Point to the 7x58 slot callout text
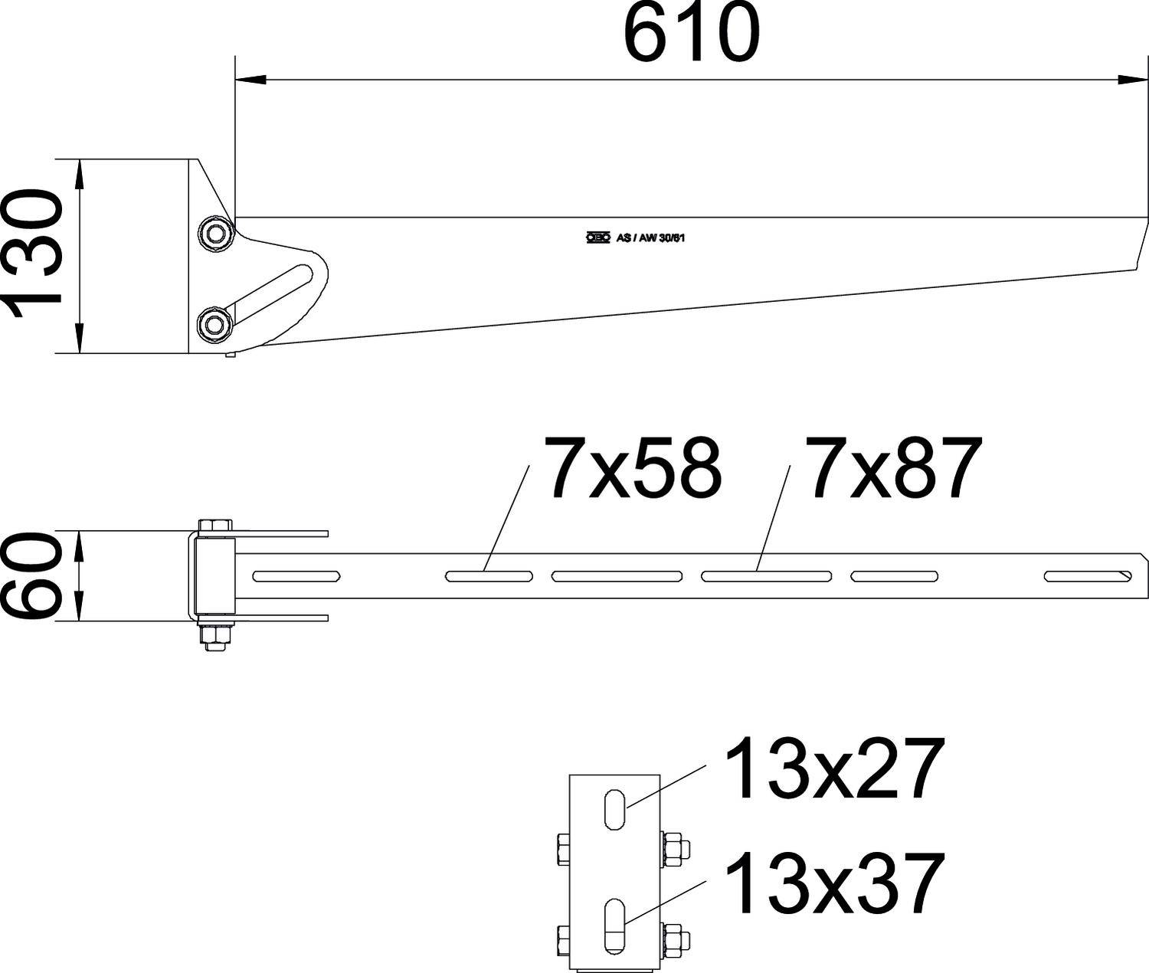pyautogui.click(x=633, y=468)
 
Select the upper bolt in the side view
pyautogui.click(x=214, y=232)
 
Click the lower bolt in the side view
pyautogui.click(x=214, y=325)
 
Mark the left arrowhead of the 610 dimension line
pyautogui.click(x=250, y=79)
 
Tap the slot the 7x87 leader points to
pyautogui.click(x=766, y=575)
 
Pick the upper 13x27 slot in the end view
pyautogui.click(x=615, y=808)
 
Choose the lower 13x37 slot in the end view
pyautogui.click(x=615, y=926)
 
